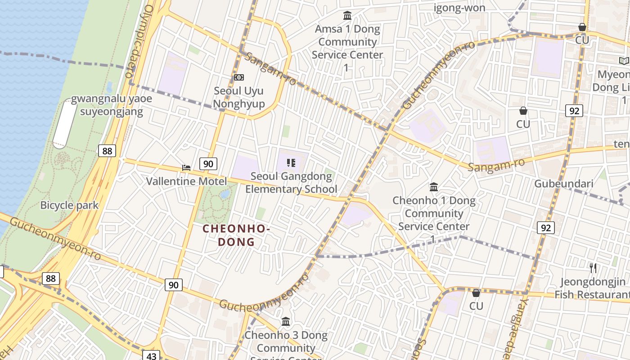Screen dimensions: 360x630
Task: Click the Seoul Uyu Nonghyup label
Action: pos(238,97)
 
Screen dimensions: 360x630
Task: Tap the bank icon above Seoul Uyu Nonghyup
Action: pos(238,77)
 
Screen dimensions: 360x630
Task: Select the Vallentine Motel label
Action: pos(186,181)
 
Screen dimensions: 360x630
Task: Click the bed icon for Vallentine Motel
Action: pos(186,168)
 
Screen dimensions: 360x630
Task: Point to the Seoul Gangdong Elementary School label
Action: pos(291,183)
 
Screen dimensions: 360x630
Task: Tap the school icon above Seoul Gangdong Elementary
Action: pos(291,163)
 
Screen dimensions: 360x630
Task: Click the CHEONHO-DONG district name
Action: pos(236,235)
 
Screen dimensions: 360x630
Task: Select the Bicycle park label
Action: pos(69,205)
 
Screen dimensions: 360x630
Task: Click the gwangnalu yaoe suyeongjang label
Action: pos(112,105)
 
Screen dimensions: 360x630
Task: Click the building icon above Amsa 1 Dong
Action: pos(347,16)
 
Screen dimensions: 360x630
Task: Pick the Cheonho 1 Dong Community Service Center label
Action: pos(434,213)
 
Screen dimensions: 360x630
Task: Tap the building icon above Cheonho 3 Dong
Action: pos(286,322)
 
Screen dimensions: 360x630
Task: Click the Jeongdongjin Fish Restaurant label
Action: pos(592,288)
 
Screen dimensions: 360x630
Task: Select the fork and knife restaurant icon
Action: pos(593,268)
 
